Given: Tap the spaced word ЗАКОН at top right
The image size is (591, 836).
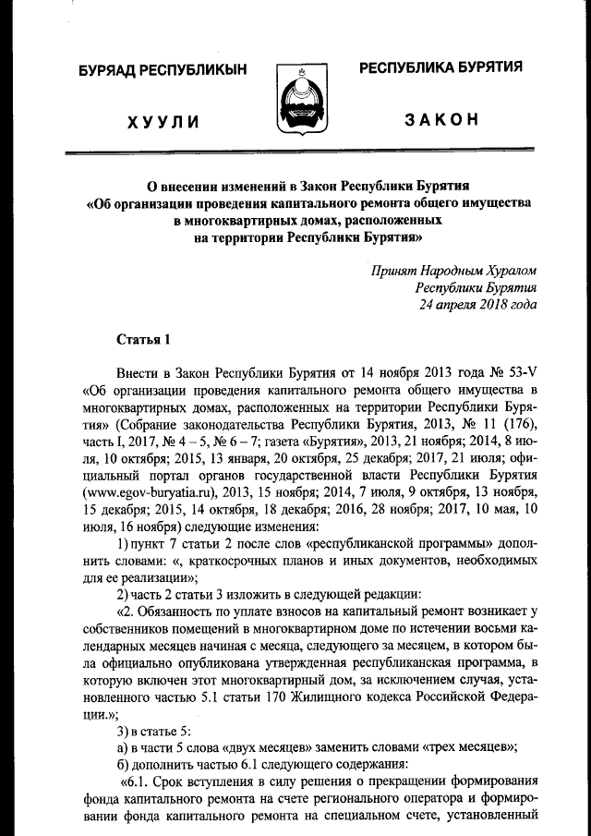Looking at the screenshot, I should click(440, 121).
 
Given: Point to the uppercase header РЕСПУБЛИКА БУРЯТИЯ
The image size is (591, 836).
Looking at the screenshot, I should click(440, 67).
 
